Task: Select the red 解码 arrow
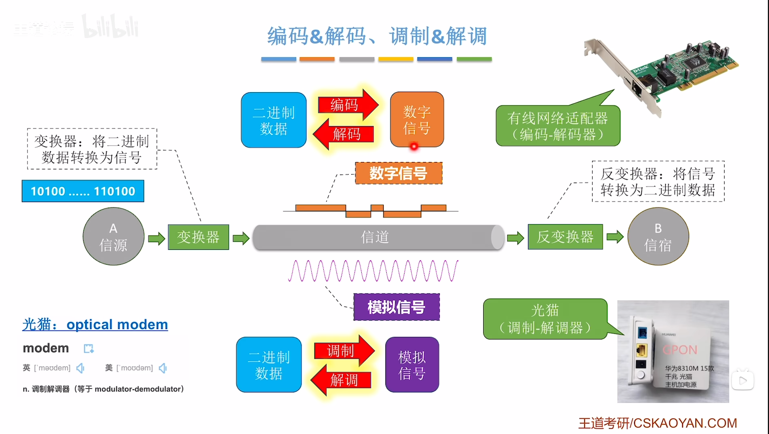click(345, 134)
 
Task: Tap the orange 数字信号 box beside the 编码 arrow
click(417, 120)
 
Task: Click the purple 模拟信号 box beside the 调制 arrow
click(412, 365)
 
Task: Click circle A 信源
click(113, 236)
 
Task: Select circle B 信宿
click(658, 236)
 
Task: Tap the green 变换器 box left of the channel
click(198, 237)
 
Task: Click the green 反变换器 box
click(565, 237)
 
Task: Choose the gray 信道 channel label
click(375, 237)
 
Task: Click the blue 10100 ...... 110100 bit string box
click(83, 191)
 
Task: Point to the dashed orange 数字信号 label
click(398, 173)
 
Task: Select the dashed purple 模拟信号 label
click(396, 307)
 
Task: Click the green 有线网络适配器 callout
click(557, 126)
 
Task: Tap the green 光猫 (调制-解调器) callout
click(545, 319)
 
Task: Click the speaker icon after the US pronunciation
click(163, 368)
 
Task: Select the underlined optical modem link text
click(117, 324)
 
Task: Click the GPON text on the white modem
click(680, 350)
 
